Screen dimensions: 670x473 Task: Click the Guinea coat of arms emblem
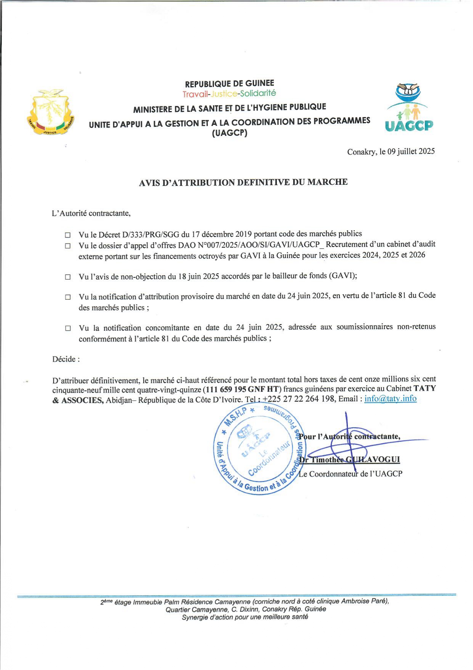[51, 112]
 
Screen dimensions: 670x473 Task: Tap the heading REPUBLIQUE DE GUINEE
[229, 84]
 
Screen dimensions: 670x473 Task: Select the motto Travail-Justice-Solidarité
[229, 94]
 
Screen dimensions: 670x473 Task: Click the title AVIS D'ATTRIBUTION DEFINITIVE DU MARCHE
[243, 182]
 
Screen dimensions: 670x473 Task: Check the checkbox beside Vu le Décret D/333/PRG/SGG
[68, 235]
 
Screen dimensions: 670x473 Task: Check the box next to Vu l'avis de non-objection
[68, 277]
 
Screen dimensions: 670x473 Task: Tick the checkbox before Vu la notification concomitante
[68, 328]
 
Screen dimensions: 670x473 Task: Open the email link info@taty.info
[390, 399]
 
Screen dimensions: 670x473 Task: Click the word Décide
[65, 359]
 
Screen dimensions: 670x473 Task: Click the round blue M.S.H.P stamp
[258, 450]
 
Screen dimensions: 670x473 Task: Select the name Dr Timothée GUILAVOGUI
[349, 460]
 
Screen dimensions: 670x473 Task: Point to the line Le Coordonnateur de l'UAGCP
[351, 474]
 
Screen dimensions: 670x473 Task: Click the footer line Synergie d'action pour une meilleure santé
[245, 617]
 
